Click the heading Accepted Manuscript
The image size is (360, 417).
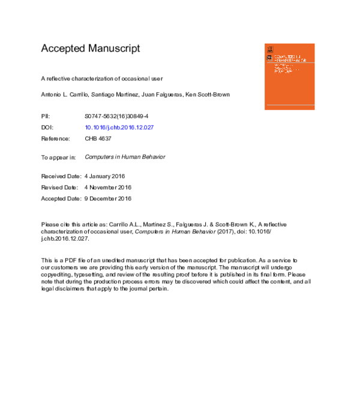pos(90,49)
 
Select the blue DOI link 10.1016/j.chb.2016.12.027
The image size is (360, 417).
pos(120,128)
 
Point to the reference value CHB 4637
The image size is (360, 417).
pos(98,139)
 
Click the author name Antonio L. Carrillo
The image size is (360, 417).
pos(65,95)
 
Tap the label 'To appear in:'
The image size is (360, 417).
pos(58,157)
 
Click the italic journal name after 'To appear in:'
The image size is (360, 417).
pos(125,157)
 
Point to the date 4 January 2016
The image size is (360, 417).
pos(105,176)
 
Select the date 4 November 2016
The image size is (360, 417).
pos(108,187)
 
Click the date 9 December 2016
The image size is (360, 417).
pos(108,199)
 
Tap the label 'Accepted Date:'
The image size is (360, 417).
pos(61,199)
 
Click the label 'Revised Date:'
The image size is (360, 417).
pos(59,187)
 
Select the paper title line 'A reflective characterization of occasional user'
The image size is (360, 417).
pos(101,79)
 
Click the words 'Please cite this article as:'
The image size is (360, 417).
pos(74,223)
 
